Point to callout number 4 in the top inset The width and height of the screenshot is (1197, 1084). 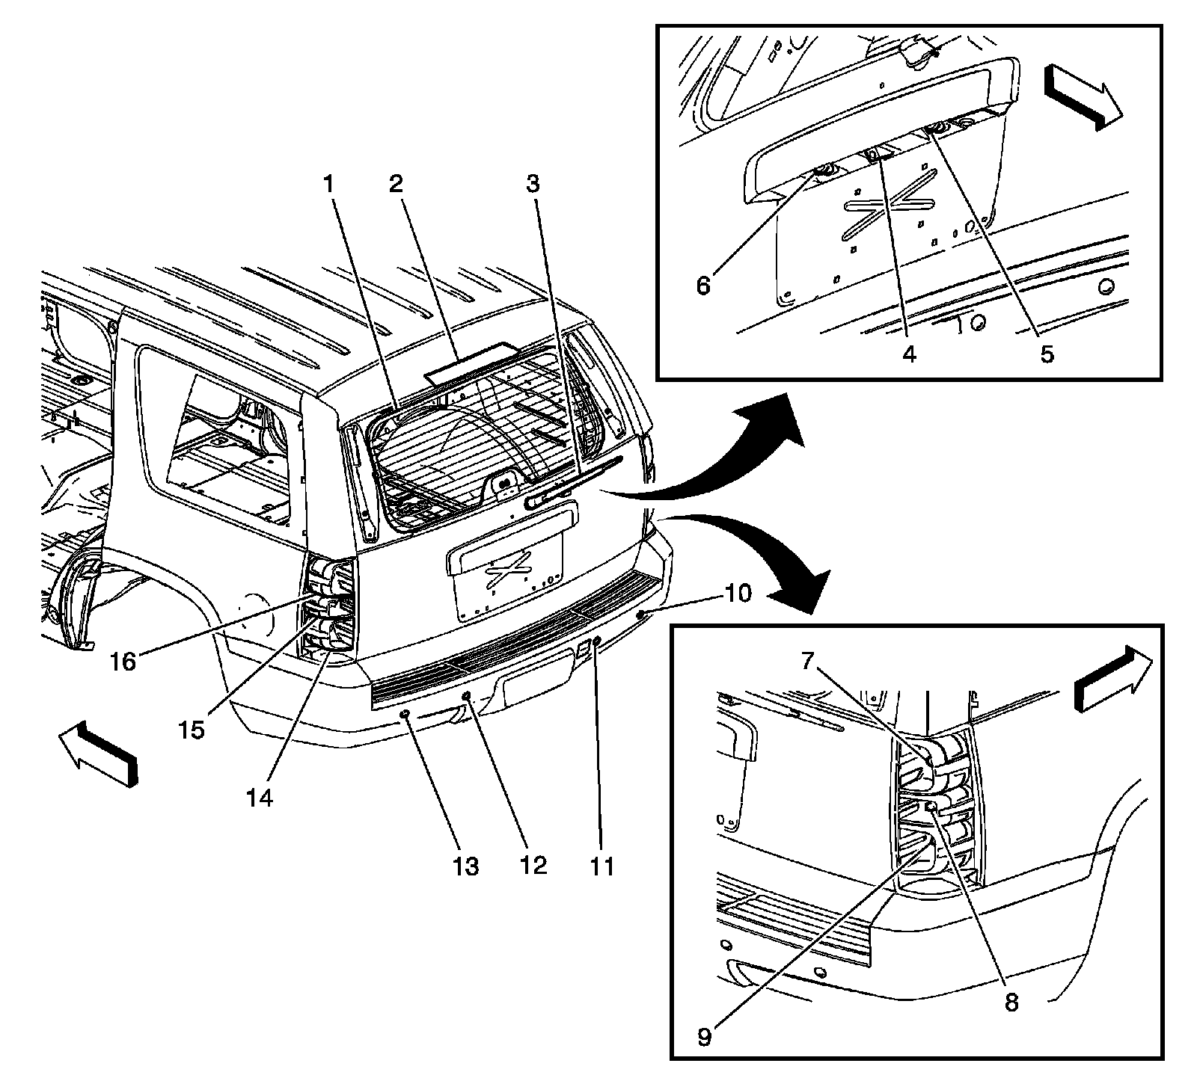(908, 354)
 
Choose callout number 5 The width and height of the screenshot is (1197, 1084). (1046, 354)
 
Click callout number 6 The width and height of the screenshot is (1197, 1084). (703, 286)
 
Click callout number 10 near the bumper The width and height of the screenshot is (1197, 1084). (736, 594)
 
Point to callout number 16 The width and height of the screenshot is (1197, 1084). (124, 661)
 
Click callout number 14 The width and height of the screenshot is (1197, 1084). (260, 797)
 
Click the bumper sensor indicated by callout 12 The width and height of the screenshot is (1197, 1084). (467, 696)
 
